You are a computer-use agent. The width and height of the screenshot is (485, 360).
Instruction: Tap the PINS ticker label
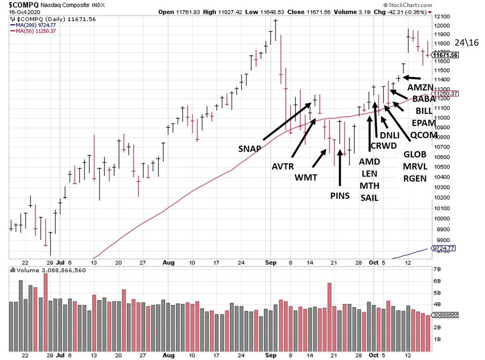click(x=339, y=196)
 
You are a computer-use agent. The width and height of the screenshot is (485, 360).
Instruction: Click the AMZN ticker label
click(x=420, y=88)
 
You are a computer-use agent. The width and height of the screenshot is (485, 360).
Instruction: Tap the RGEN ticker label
click(x=415, y=177)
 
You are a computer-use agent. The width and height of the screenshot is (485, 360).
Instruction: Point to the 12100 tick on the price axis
click(x=442, y=17)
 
